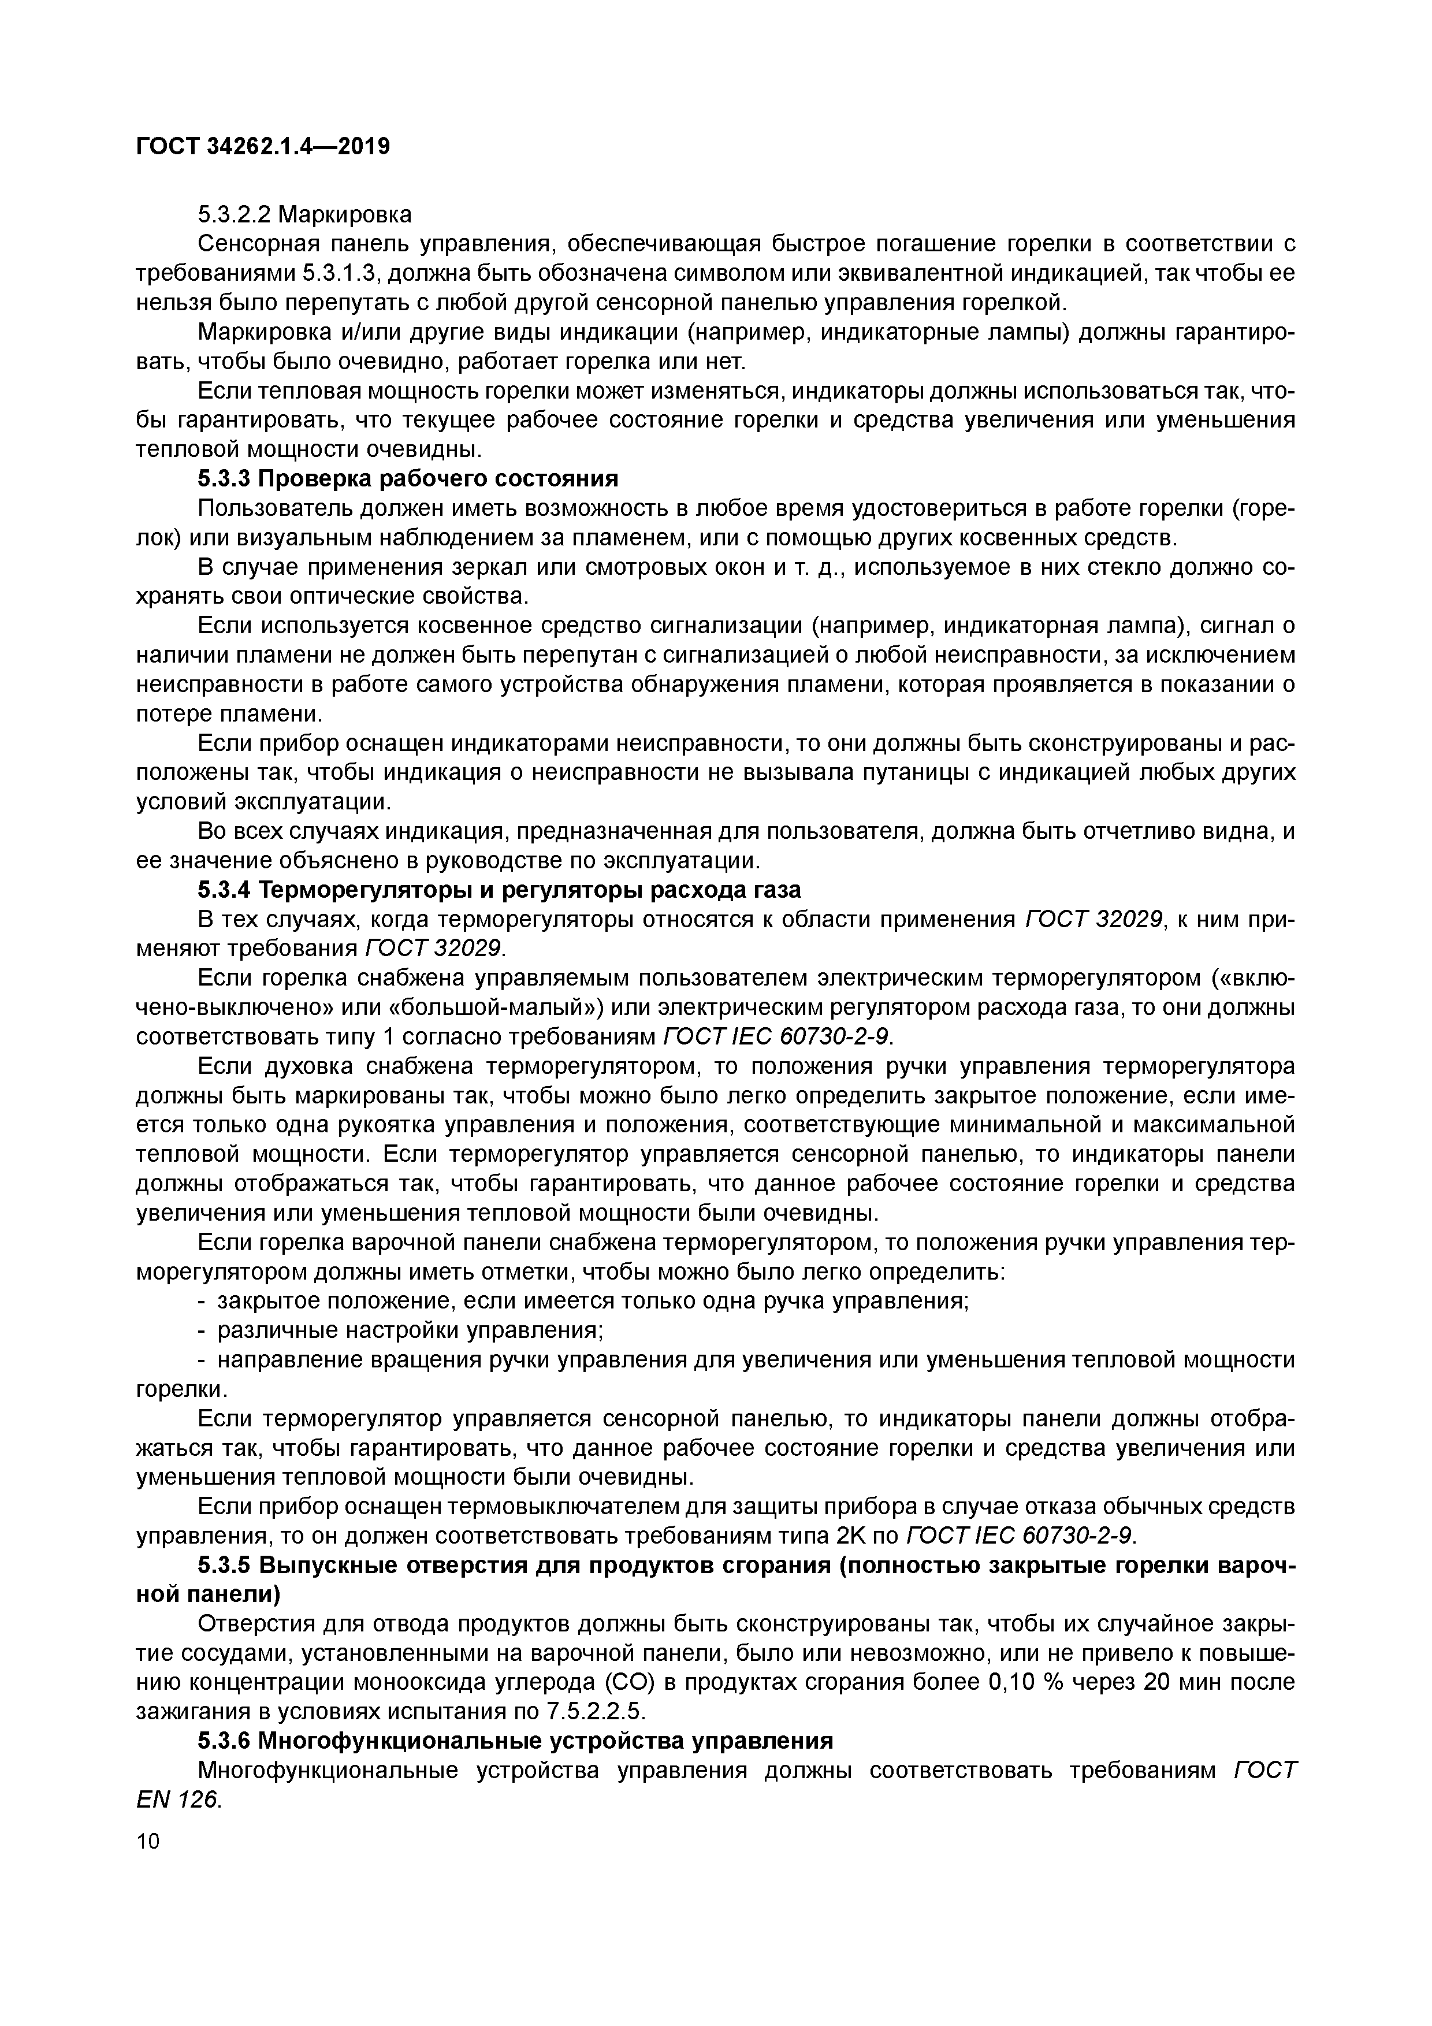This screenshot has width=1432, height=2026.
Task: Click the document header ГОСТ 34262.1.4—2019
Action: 263,147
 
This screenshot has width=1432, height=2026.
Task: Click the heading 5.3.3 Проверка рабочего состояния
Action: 408,479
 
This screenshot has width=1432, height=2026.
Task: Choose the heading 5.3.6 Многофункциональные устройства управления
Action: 515,1741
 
